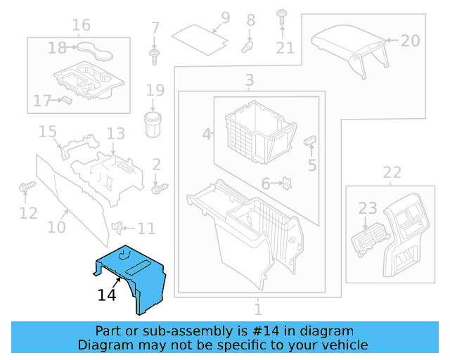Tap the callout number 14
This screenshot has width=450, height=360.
click(x=107, y=296)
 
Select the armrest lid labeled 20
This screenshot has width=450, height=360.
click(x=348, y=42)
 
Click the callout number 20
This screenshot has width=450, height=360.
click(x=410, y=41)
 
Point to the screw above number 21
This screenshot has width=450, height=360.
click(x=282, y=15)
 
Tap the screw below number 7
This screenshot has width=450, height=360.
click(x=154, y=55)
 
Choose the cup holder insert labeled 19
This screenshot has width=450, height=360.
click(x=153, y=124)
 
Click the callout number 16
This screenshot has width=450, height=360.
click(x=81, y=26)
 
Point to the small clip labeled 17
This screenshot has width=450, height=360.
click(x=66, y=99)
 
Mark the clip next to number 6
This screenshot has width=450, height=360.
click(x=287, y=184)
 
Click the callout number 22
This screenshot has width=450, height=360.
click(x=392, y=172)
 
